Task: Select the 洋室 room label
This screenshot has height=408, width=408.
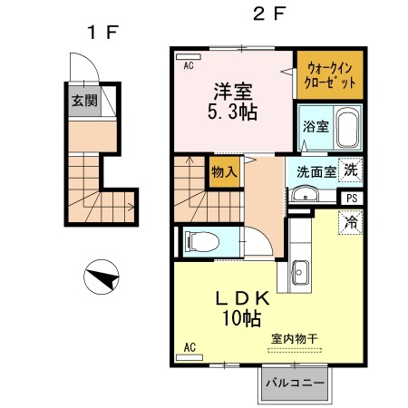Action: [x=233, y=92]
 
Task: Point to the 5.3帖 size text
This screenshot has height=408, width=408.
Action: [x=233, y=113]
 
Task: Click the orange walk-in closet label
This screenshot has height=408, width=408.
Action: [x=330, y=74]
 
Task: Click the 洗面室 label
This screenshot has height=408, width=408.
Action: [x=310, y=170]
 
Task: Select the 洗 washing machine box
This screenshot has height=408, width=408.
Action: [x=350, y=169]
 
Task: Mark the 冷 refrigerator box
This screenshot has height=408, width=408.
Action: [x=350, y=220]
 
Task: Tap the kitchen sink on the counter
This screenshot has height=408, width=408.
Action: [x=301, y=271]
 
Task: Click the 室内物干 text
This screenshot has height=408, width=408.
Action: [x=295, y=338]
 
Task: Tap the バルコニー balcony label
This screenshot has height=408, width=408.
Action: [x=296, y=383]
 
